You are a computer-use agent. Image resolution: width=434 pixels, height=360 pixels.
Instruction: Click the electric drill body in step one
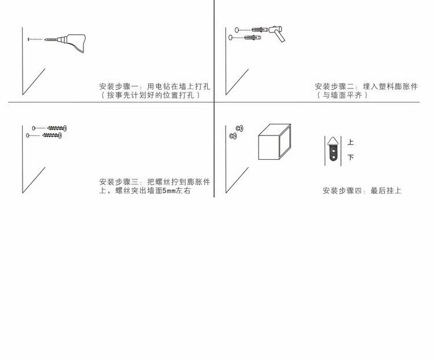[x=75, y=42]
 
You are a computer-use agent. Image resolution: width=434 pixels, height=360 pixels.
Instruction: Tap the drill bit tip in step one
[x=45, y=40]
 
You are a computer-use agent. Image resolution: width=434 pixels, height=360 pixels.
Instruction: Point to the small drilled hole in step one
[x=28, y=39]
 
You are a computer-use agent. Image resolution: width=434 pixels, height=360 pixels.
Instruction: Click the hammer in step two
[x=277, y=32]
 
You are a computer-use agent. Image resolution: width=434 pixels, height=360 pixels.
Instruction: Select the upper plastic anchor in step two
[x=260, y=30]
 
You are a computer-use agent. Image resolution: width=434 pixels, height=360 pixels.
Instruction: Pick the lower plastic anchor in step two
[x=252, y=38]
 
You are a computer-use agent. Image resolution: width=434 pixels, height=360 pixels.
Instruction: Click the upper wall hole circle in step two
[x=237, y=30]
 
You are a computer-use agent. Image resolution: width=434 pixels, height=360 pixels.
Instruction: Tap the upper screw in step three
[x=57, y=128]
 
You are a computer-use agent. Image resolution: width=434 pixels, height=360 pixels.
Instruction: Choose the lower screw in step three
[x=52, y=135]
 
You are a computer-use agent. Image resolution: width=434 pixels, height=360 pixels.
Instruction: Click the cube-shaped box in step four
[x=274, y=142]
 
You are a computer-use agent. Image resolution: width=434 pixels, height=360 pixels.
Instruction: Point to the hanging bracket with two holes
[x=333, y=149]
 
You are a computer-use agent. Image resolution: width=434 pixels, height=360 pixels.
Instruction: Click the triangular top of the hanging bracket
[x=333, y=141]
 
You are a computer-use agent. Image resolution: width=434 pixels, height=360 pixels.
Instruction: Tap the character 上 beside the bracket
[x=351, y=142]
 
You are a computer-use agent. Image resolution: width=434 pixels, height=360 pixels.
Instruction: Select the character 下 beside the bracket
[x=351, y=157]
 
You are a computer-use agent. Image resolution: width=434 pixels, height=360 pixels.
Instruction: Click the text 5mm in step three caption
[x=168, y=191]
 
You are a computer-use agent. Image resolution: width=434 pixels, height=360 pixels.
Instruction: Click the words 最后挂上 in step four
[x=386, y=190]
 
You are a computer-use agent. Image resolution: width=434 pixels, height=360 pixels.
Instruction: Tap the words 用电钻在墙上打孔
[x=179, y=86]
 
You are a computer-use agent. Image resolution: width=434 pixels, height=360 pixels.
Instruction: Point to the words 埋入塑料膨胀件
[x=390, y=86]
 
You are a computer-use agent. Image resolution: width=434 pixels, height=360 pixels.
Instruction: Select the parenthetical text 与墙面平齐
[x=342, y=95]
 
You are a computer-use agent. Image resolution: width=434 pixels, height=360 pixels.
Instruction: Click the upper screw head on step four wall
[x=240, y=128]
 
